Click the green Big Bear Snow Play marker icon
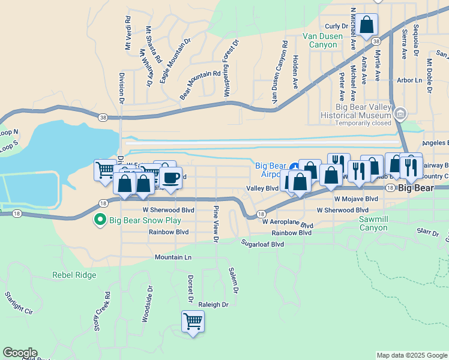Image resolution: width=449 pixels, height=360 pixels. tap(101, 221)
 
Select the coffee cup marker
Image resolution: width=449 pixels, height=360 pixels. tap(170, 178)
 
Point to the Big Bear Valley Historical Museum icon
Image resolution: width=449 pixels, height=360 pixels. tap(401, 113)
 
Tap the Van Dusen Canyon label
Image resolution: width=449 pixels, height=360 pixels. tap(322, 40)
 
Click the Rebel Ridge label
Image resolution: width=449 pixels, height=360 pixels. tap(74, 275)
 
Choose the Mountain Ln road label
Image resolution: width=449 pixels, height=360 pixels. tap(173, 257)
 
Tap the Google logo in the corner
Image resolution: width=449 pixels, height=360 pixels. tap(20, 353)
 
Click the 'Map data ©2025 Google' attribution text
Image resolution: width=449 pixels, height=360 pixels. tap(411, 356)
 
